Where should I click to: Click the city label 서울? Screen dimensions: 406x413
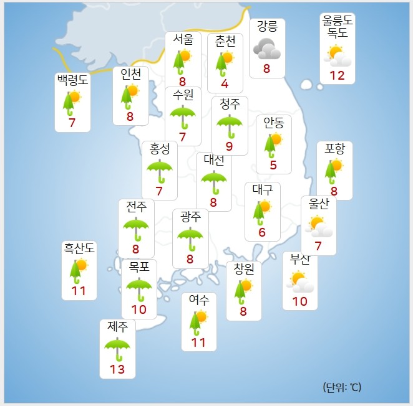[x=183, y=39]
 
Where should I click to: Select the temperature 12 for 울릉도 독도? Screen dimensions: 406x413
[x=337, y=75]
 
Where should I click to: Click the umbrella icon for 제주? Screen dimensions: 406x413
[x=117, y=347]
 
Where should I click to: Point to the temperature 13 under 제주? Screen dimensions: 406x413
[x=117, y=369]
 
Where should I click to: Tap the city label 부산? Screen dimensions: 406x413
[x=300, y=260]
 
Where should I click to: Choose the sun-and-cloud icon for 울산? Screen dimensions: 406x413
[x=318, y=226]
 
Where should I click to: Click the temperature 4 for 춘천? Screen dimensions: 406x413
[x=225, y=83]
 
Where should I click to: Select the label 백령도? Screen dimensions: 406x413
[x=72, y=80]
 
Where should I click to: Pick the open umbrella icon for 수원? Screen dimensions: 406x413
[x=183, y=117]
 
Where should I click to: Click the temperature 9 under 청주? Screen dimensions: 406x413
[x=230, y=147]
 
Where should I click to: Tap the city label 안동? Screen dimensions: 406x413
[x=274, y=123]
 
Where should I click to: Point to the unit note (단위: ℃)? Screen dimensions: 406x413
[x=342, y=387]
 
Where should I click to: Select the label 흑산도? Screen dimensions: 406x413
[x=79, y=248]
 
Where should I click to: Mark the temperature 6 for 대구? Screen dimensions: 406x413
[x=262, y=233]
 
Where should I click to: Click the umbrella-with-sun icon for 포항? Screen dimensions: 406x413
[x=334, y=170]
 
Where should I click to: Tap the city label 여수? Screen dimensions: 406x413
[x=198, y=300]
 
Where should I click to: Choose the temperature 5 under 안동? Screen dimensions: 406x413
[x=273, y=165]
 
